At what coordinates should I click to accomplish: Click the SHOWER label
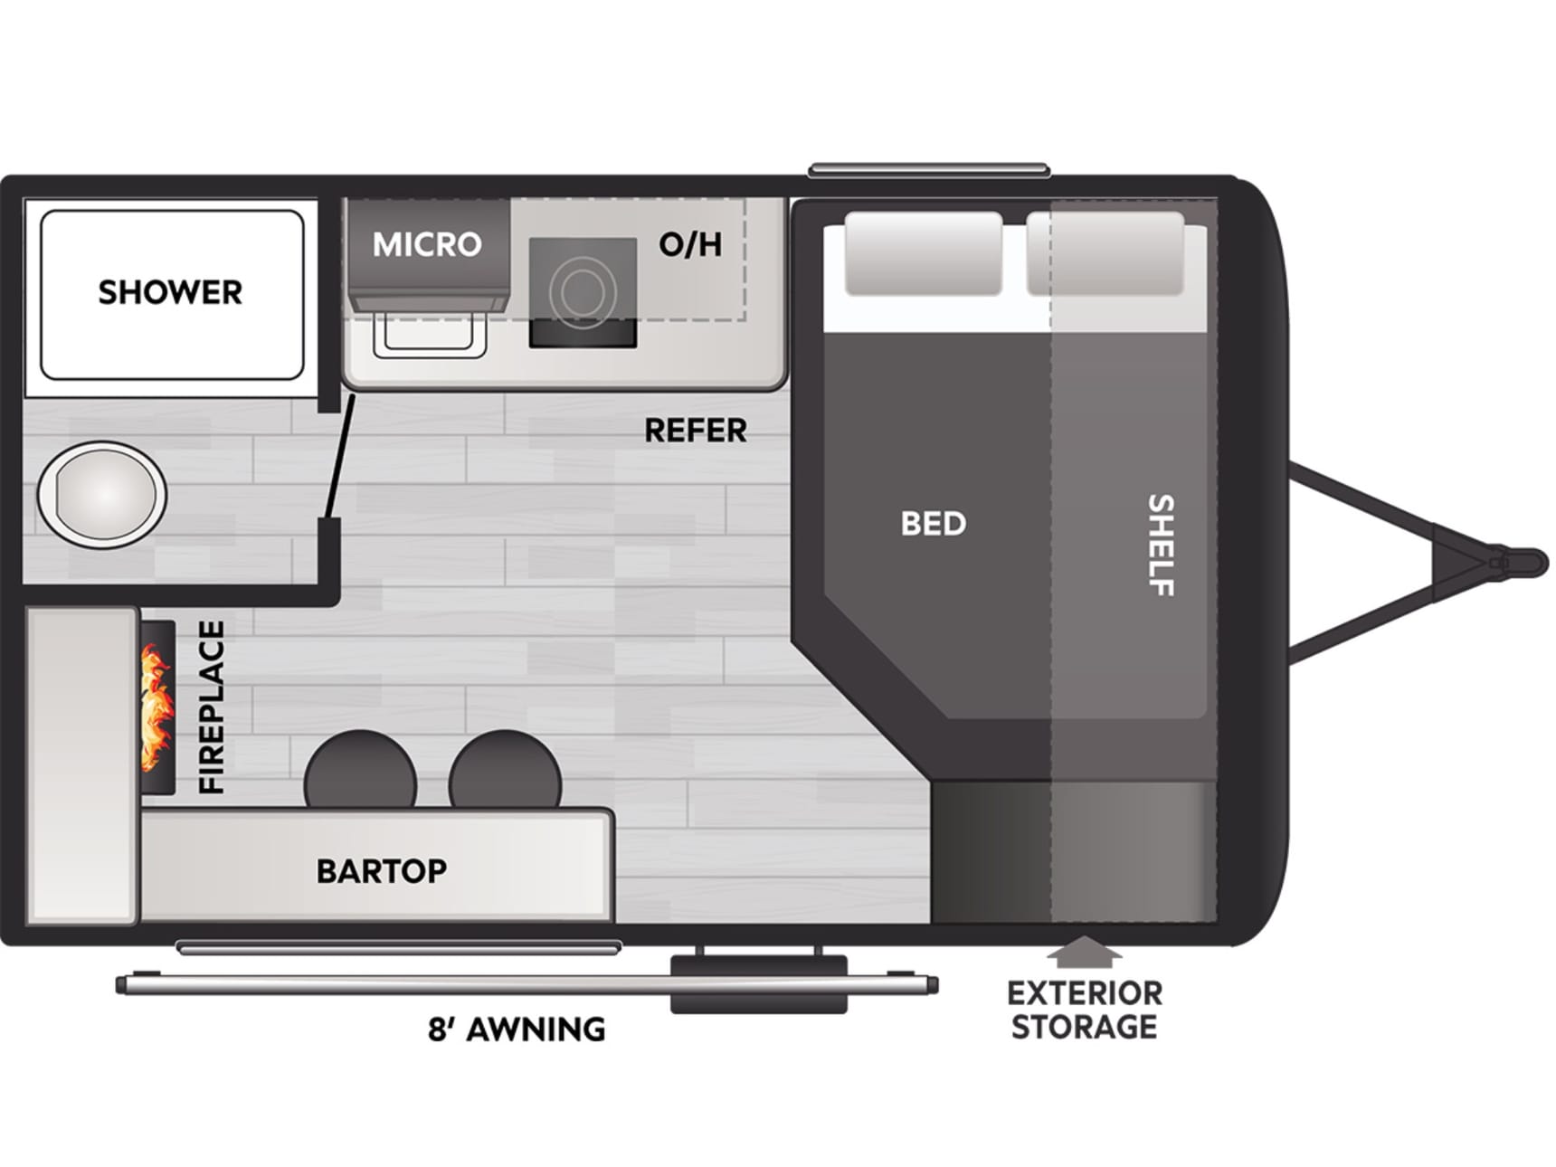pos(170,292)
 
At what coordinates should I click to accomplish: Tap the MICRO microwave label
pos(427,244)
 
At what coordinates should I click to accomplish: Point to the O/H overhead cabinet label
pos(690,243)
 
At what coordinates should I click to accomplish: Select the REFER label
pos(695,431)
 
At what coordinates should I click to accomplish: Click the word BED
pos(934,523)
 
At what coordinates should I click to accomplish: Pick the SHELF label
pos(1161,545)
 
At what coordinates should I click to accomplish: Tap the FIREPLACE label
pos(211,707)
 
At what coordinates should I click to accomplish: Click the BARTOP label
pos(382,870)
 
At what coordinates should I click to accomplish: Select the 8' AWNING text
pos(517,1029)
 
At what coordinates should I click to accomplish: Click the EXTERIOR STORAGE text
pos(1084,1010)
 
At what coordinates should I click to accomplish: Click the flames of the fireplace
pos(157,707)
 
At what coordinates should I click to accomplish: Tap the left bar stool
pos(360,769)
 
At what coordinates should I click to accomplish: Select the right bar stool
pos(505,769)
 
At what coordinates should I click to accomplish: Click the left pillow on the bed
pos(924,254)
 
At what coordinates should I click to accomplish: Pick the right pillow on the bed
pos(1105,254)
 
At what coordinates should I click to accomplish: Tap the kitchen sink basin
pos(431,331)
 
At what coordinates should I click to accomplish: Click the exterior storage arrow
pos(1084,952)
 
